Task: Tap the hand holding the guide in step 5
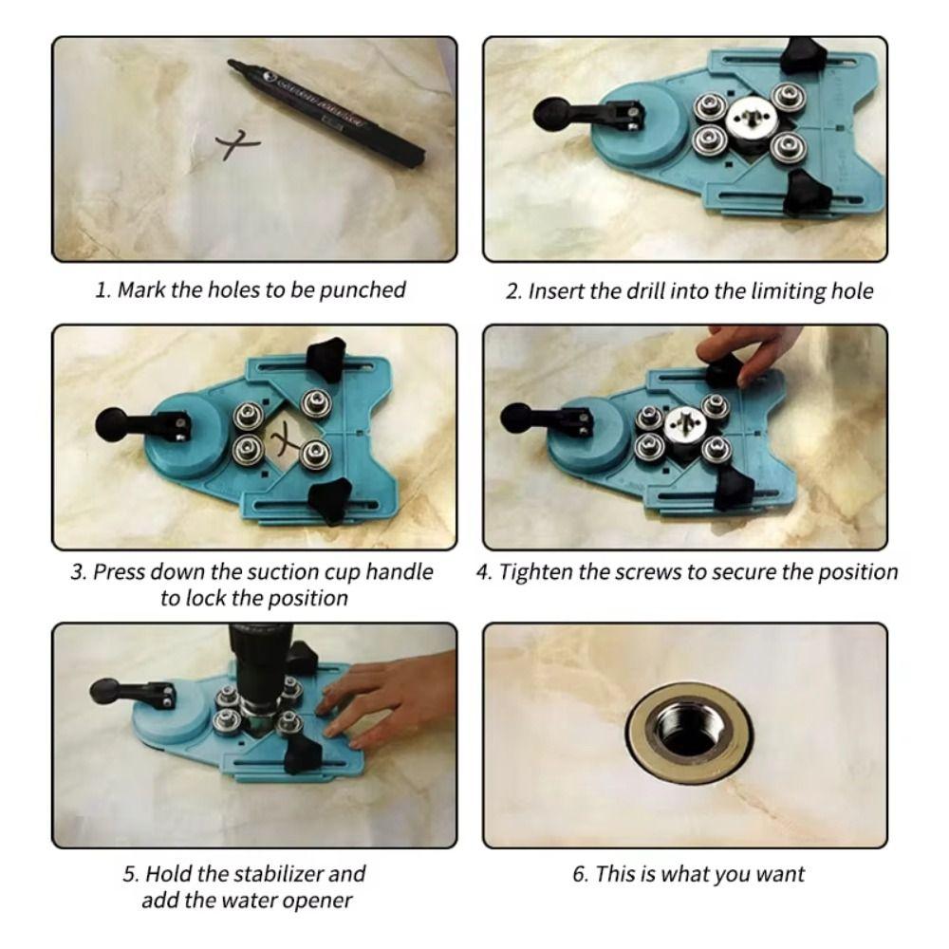(384, 698)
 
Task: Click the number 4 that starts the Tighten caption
(482, 572)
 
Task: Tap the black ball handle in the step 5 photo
(103, 690)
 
